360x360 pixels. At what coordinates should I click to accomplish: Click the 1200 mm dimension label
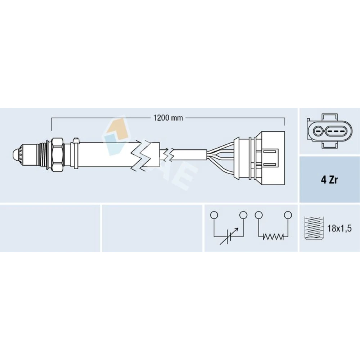(x=168, y=118)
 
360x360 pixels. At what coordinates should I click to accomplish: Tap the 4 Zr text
(x=329, y=180)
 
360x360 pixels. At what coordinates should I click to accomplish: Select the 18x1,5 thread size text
(x=339, y=229)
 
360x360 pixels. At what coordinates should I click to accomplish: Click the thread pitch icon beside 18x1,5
(x=314, y=229)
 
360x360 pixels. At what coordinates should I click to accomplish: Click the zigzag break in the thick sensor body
(x=142, y=155)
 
